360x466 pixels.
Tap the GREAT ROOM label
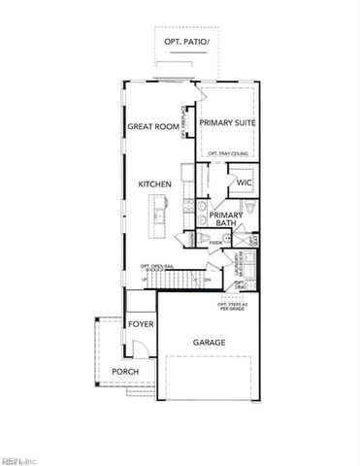pyautogui.click(x=152, y=126)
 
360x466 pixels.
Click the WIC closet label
pyautogui.click(x=244, y=182)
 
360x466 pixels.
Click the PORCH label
pyautogui.click(x=124, y=372)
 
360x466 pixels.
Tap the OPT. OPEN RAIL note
pyautogui.click(x=157, y=266)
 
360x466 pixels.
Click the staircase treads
pyautogui.click(x=175, y=279)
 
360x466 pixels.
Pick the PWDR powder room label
pyautogui.click(x=215, y=244)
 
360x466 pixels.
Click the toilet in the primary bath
pyautogui.click(x=246, y=210)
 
